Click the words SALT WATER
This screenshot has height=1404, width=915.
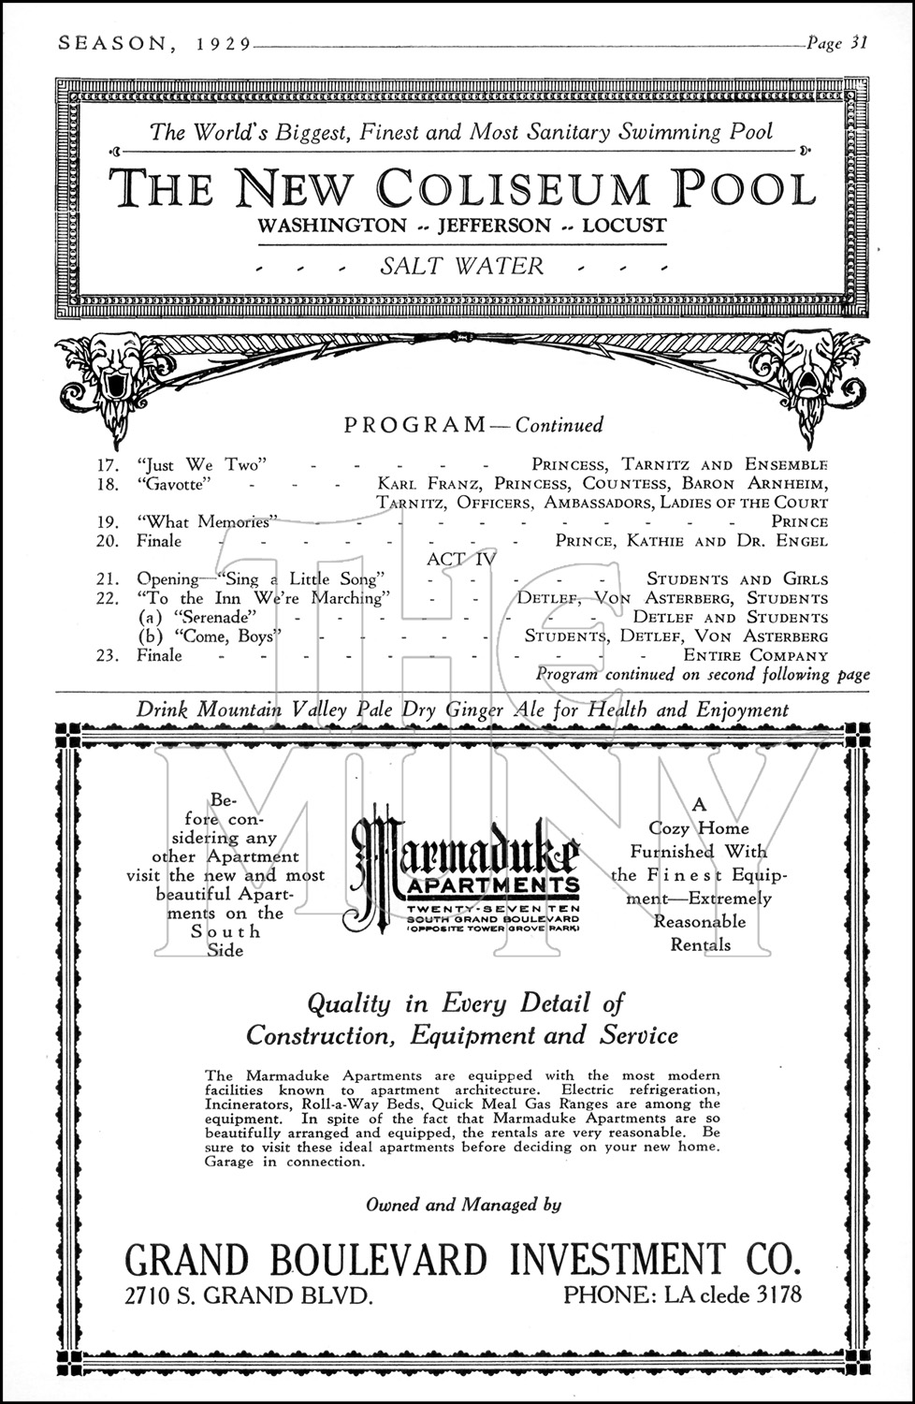tap(461, 266)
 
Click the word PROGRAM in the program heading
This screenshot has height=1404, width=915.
tap(414, 425)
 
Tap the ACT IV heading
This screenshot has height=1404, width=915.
tap(460, 560)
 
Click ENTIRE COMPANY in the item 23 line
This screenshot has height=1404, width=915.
tap(755, 656)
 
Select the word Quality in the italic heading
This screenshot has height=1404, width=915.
tap(348, 1004)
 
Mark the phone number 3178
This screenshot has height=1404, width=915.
tap(772, 1296)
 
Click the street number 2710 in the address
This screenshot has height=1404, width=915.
tap(152, 1296)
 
